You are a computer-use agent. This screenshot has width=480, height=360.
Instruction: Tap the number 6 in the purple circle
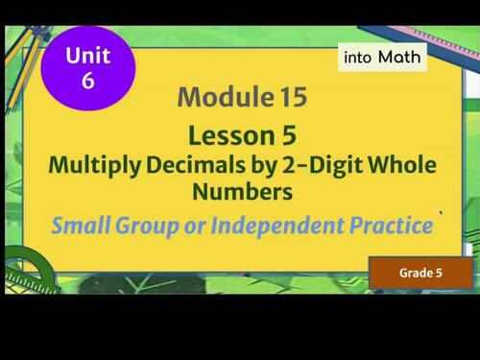[87, 81]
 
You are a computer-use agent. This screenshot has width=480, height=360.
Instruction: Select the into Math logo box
[383, 58]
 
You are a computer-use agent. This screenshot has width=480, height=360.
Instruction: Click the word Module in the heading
[221, 97]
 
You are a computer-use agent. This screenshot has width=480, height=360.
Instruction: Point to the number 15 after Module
[288, 97]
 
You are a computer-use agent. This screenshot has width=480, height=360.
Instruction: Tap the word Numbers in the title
[241, 192]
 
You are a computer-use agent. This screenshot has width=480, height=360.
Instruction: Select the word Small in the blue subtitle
[82, 228]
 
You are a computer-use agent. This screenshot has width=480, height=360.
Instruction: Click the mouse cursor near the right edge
[442, 214]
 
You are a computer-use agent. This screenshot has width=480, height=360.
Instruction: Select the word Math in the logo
[398, 58]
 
